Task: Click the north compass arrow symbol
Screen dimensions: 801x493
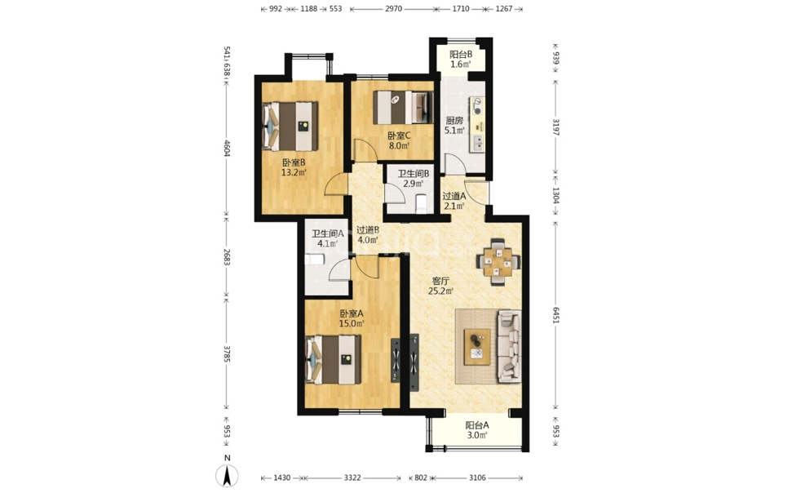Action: [x=227, y=476]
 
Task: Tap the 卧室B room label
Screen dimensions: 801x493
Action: [x=294, y=162]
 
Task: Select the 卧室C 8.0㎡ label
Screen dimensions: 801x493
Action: [x=399, y=140]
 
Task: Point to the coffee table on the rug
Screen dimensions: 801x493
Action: [x=477, y=347]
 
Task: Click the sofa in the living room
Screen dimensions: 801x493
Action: [x=509, y=346]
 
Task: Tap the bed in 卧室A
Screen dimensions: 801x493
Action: [x=333, y=359]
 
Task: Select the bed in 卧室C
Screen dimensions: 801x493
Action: [x=403, y=108]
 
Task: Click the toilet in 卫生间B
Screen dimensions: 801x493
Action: [x=422, y=202]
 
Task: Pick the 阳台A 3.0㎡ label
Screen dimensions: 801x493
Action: [x=477, y=430]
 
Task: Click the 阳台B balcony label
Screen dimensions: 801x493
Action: [x=461, y=54]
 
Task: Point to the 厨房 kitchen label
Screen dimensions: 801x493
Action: [x=454, y=121]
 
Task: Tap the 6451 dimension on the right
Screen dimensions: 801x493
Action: [x=556, y=316]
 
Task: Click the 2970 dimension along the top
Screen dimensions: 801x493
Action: [x=393, y=9]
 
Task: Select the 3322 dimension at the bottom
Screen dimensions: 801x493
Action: [x=352, y=478]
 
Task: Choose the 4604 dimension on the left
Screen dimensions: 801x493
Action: [x=227, y=149]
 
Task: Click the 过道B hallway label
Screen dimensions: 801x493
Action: [x=368, y=230]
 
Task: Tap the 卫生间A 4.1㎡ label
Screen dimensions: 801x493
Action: [x=327, y=238]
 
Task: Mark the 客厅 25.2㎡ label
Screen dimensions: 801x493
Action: [x=440, y=286]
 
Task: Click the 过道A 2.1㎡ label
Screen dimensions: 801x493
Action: [x=454, y=201]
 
